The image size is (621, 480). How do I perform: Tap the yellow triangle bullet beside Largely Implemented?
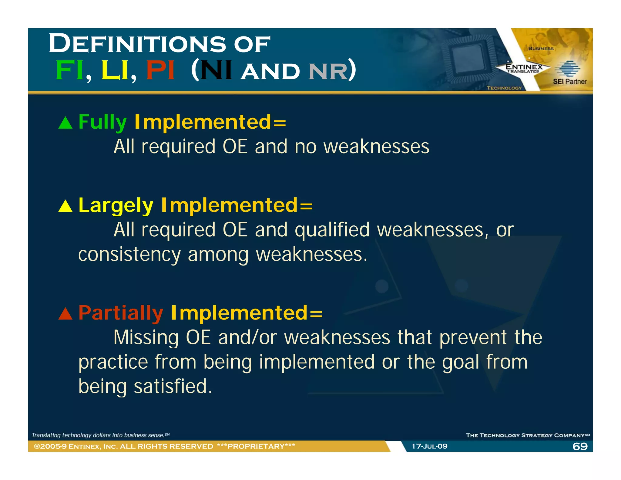(x=65, y=207)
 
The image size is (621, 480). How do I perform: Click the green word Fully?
(x=102, y=122)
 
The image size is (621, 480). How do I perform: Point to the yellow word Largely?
(x=116, y=206)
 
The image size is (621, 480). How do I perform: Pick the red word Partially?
(x=121, y=313)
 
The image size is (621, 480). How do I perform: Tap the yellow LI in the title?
(x=115, y=70)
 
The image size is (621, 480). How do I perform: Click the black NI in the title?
(x=216, y=70)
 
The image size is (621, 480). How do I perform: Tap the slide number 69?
(x=580, y=446)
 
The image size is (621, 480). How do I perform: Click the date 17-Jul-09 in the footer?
(x=429, y=446)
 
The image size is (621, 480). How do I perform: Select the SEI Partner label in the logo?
(x=569, y=81)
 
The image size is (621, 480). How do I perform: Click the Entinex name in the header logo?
(x=524, y=66)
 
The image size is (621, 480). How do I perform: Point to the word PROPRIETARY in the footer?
(x=256, y=446)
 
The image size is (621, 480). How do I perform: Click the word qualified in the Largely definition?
(x=332, y=230)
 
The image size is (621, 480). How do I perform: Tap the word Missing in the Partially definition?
(x=146, y=337)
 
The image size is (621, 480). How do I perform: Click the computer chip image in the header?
(x=468, y=59)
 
